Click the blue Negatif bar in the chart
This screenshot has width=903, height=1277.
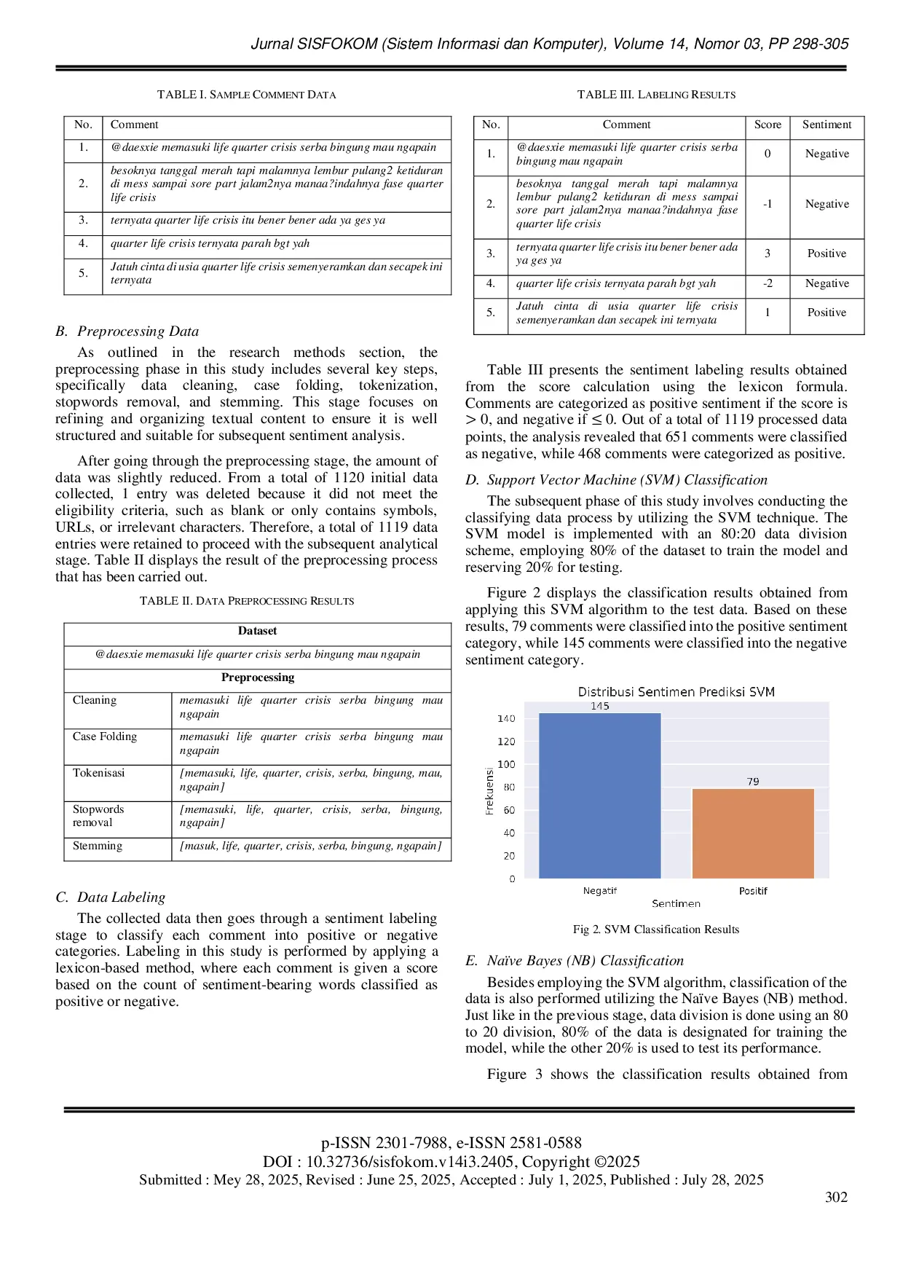click(x=599, y=795)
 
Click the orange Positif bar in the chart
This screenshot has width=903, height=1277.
click(x=753, y=833)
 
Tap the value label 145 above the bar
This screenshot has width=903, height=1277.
click(x=600, y=706)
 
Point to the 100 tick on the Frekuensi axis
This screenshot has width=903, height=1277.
click(x=505, y=764)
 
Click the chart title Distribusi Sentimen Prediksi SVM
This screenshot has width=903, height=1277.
click(x=676, y=692)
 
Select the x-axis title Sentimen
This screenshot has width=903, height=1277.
click(x=676, y=903)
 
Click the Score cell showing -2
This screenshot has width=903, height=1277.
click(x=768, y=283)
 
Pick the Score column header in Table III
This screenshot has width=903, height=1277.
click(x=768, y=125)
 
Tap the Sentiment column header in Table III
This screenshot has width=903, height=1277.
click(x=827, y=125)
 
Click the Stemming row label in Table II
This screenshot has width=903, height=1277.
click(x=98, y=846)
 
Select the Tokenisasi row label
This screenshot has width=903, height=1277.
click(x=98, y=773)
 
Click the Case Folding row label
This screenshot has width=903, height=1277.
click(x=105, y=736)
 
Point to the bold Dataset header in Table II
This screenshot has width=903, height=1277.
click(x=257, y=631)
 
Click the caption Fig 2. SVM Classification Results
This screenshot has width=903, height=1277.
click(x=655, y=930)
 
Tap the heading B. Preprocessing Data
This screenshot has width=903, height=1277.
click(x=127, y=331)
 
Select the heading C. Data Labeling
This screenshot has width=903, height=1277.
click(x=111, y=897)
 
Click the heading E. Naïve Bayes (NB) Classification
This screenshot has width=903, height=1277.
click(x=575, y=961)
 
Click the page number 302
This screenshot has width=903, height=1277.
click(x=836, y=1198)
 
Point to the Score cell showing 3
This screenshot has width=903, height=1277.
click(x=768, y=254)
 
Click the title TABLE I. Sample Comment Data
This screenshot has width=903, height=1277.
click(x=246, y=95)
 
